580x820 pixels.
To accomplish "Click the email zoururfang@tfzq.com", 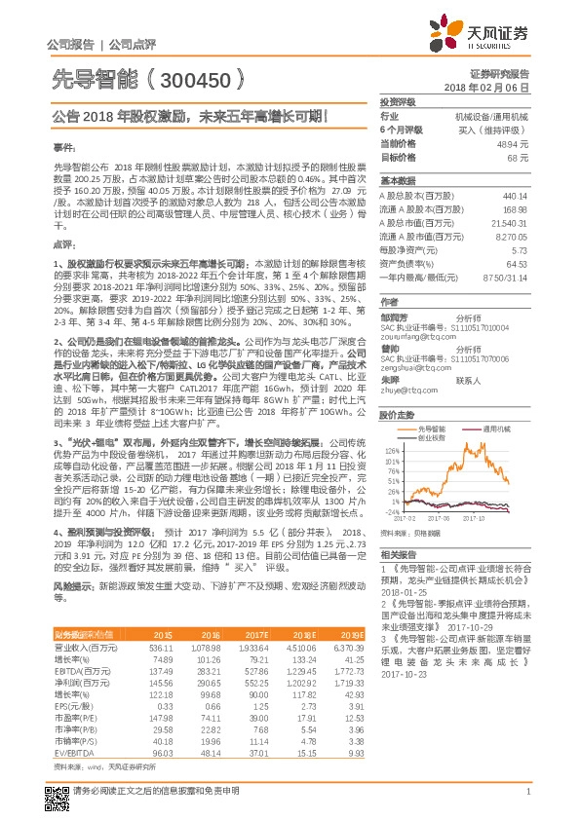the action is pos(412,337).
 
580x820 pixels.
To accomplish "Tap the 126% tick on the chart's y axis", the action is pos(392,451).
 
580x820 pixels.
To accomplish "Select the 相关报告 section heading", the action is pos(398,553).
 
